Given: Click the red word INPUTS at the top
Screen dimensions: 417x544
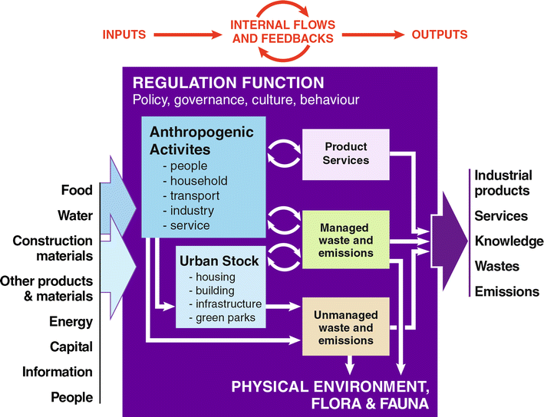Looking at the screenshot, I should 124,34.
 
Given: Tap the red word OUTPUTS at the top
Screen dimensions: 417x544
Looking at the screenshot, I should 440,34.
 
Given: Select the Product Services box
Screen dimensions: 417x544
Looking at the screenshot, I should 345,153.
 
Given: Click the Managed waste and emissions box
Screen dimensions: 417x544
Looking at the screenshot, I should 345,240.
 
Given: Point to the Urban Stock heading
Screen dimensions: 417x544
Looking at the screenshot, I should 215,261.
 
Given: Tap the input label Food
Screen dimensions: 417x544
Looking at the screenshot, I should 77,189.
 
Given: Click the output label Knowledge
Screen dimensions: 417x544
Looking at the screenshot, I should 509,241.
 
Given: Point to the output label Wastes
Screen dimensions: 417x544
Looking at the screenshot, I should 496,267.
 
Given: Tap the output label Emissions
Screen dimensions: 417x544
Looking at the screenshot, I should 506,291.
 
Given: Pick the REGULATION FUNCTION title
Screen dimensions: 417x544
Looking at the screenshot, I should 228,82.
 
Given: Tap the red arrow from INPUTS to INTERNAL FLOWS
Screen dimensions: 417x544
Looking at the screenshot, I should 189,34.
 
